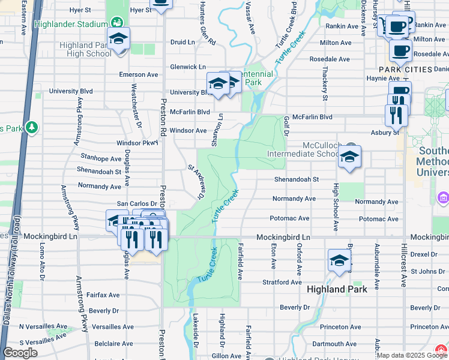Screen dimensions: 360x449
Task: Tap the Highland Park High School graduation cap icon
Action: click(x=119, y=39)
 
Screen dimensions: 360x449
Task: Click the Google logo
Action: click(x=20, y=353)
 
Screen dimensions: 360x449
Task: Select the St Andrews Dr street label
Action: click(x=196, y=182)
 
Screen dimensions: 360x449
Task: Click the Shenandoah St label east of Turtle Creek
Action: click(x=296, y=179)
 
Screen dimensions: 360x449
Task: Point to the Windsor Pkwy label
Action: click(x=137, y=143)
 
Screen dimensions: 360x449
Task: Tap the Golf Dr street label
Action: click(x=286, y=126)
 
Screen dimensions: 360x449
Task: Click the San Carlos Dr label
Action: click(x=136, y=204)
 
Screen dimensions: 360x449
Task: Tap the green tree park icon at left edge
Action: click(x=31, y=128)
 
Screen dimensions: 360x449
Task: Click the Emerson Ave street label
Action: click(x=139, y=74)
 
